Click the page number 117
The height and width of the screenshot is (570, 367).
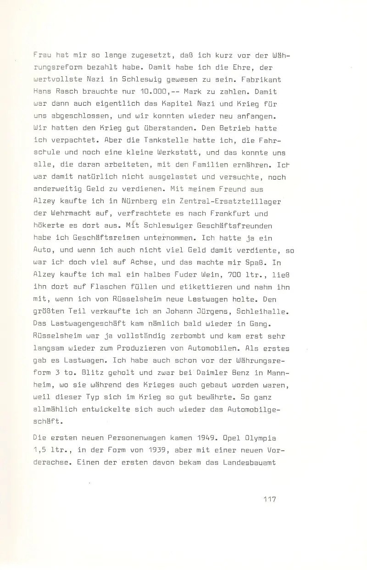click(267, 499)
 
